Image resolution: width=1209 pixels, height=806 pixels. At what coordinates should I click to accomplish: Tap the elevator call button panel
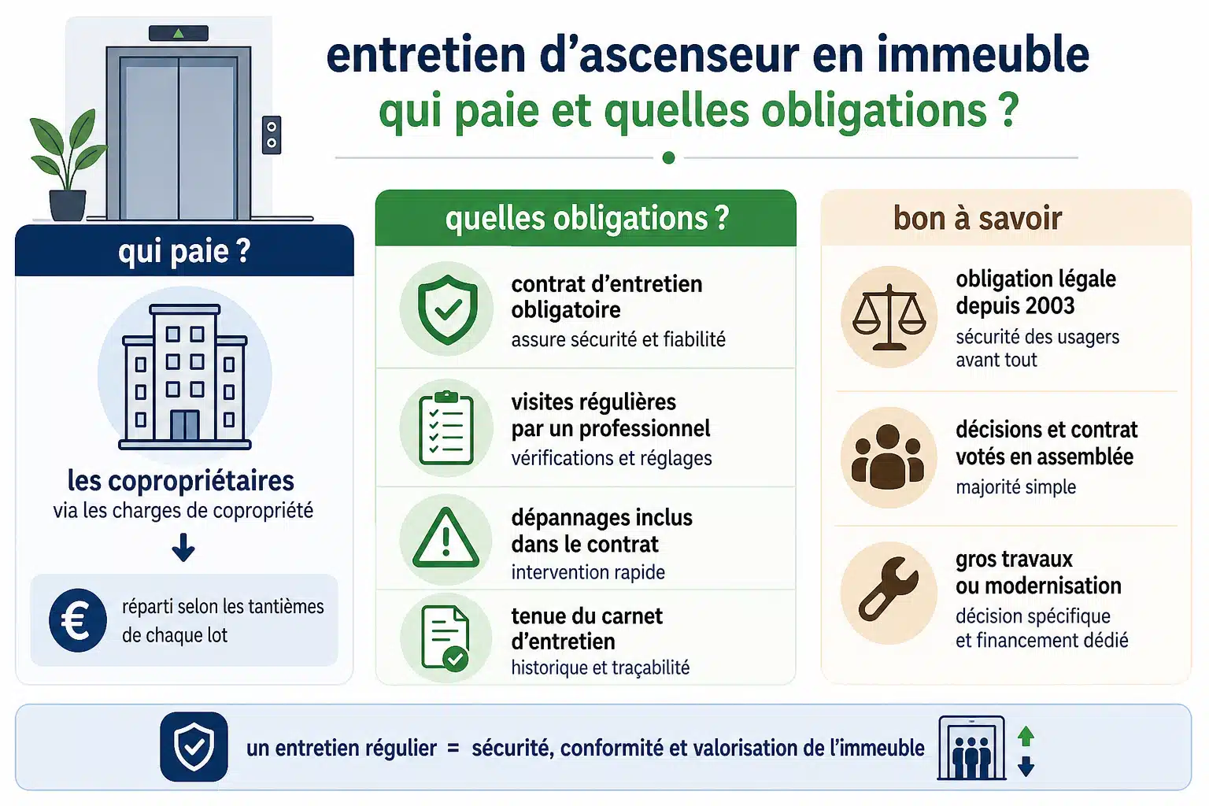[x=272, y=135]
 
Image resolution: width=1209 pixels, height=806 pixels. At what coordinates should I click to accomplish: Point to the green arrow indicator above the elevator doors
[x=179, y=34]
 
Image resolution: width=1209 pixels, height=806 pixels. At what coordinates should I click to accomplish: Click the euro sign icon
[x=78, y=620]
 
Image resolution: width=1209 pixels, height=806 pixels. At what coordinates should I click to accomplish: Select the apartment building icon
[x=185, y=377]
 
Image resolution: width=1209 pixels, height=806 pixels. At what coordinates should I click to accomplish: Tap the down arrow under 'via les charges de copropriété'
[x=183, y=547]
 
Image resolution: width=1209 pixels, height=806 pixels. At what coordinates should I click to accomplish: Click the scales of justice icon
[x=889, y=317]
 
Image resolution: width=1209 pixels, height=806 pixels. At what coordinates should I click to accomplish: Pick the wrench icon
[x=888, y=590]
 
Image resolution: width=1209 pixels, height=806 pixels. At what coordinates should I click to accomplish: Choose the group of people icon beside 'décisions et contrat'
[x=888, y=457]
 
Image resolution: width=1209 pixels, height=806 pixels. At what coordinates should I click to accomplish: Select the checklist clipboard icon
[x=446, y=428]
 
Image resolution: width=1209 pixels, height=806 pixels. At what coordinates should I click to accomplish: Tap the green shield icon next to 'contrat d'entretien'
[x=447, y=309]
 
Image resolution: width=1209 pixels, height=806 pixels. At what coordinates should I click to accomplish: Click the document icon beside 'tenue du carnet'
[x=446, y=638]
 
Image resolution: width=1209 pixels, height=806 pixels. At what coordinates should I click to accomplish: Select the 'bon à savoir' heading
[x=978, y=218]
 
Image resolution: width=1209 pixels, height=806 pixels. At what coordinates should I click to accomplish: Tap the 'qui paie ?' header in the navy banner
[x=184, y=252]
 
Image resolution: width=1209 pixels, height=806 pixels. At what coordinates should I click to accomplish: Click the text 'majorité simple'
[x=1016, y=487]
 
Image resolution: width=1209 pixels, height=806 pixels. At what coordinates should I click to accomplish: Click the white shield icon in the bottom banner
[x=194, y=747]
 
